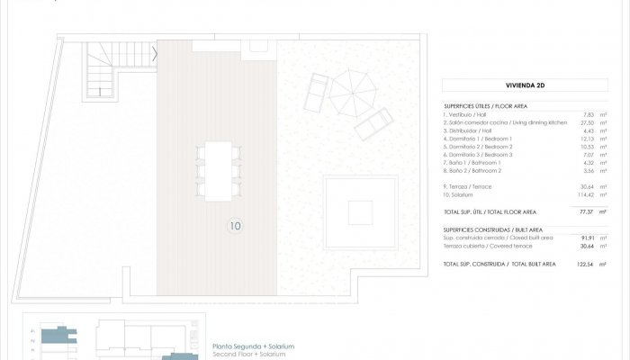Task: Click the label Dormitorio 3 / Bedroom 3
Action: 486,154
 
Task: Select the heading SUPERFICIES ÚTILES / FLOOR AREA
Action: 491,105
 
